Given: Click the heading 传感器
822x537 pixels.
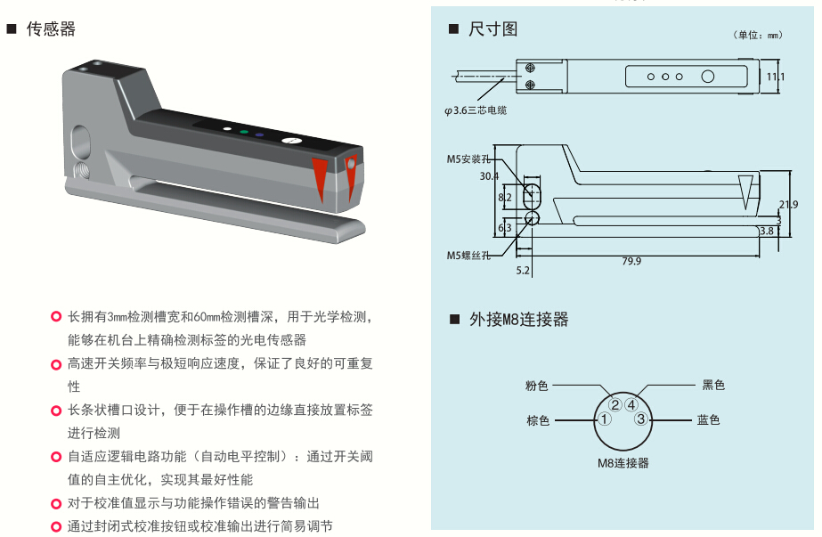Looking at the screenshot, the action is pyautogui.click(x=51, y=28).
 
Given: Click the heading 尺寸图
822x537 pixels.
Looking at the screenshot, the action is pyautogui.click(x=492, y=28).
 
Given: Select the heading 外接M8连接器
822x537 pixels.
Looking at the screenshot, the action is pyautogui.click(x=518, y=319).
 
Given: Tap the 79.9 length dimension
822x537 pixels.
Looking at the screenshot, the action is pyautogui.click(x=631, y=261).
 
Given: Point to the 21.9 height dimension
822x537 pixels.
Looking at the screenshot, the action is pyautogui.click(x=788, y=205).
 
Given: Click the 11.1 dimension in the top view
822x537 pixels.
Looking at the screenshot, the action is pyautogui.click(x=776, y=77).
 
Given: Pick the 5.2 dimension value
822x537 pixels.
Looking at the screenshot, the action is pyautogui.click(x=523, y=271).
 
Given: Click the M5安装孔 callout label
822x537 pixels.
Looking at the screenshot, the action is pyautogui.click(x=468, y=159).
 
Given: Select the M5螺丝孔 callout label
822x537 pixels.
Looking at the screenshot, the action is pyautogui.click(x=468, y=256).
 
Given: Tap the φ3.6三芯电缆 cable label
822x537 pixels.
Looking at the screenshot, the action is pyautogui.click(x=476, y=110).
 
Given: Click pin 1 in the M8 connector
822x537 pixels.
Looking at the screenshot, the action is pyautogui.click(x=605, y=419).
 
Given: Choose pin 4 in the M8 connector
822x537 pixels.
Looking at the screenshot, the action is pyautogui.click(x=631, y=405).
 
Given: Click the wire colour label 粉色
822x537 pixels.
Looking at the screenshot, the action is pyautogui.click(x=536, y=386).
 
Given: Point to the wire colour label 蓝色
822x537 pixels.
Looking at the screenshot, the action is pyautogui.click(x=708, y=419).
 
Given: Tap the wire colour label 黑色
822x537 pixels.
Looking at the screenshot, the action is pyautogui.click(x=713, y=385).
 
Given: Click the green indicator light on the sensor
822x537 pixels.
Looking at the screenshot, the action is pyautogui.click(x=244, y=132).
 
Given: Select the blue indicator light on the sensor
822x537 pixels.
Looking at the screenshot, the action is pyautogui.click(x=259, y=134).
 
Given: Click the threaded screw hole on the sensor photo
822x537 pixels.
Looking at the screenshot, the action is pyautogui.click(x=81, y=169).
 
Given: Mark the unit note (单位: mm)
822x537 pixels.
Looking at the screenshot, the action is pyautogui.click(x=758, y=35).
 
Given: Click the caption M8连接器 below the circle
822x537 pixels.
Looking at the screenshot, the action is pyautogui.click(x=623, y=463).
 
